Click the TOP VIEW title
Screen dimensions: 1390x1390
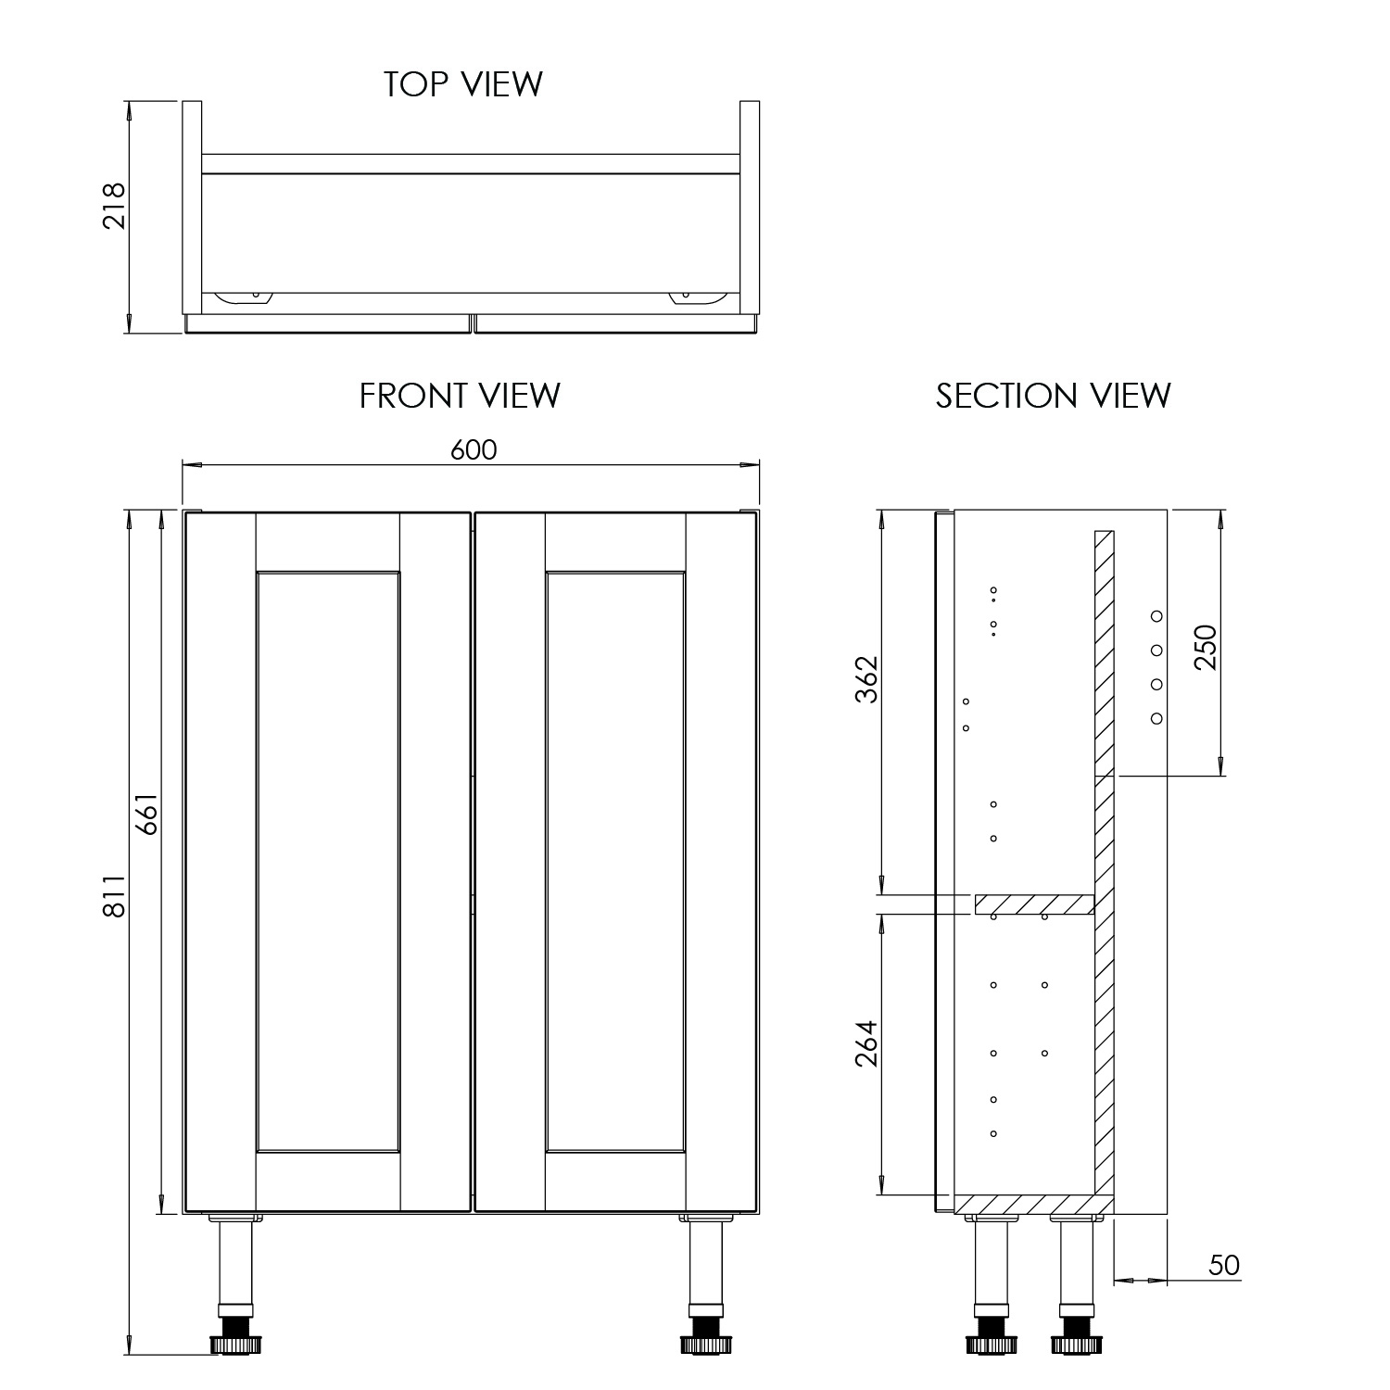pos(462,83)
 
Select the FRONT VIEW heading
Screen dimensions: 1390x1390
pos(460,396)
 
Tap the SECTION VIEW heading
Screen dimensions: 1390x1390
pos(1053,396)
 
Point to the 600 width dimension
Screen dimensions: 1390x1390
pos(474,449)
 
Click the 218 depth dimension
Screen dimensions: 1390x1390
pos(113,205)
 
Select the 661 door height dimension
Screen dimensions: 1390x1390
pos(148,815)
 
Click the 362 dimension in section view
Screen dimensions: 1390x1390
pos(866,679)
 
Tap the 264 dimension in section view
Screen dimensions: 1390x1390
pos(866,1043)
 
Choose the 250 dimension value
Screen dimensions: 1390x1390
pos(1205,648)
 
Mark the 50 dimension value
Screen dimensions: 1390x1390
pos(1224,1265)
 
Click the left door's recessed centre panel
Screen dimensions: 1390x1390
pos(328,862)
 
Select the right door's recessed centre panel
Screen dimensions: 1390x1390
pos(615,862)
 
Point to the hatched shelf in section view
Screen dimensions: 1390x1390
pos(1034,904)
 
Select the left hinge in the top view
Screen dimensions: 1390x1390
pos(243,297)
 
